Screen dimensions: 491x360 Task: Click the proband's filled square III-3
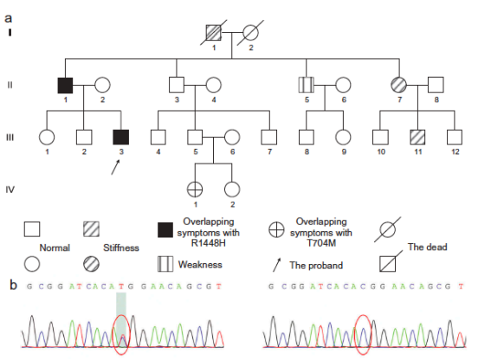pyautogui.click(x=121, y=137)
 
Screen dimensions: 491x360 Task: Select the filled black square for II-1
pyautogui.click(x=65, y=85)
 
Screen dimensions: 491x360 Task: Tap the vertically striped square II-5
pyautogui.click(x=307, y=85)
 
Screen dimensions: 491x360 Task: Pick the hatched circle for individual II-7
pyautogui.click(x=399, y=85)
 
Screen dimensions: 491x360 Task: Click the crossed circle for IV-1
pyautogui.click(x=195, y=190)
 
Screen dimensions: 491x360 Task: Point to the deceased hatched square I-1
pyautogui.click(x=214, y=33)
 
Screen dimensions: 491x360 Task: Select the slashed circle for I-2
pyautogui.click(x=250, y=33)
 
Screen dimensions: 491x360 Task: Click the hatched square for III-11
pyautogui.click(x=417, y=137)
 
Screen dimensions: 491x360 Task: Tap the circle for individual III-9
pyautogui.click(x=343, y=137)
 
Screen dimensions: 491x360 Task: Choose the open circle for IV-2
pyautogui.click(x=232, y=190)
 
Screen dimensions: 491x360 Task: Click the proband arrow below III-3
pyautogui.click(x=115, y=167)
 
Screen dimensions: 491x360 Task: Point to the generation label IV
pyautogui.click(x=10, y=190)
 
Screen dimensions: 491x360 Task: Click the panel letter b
pyautogui.click(x=13, y=285)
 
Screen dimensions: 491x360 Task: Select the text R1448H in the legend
pyautogui.click(x=208, y=243)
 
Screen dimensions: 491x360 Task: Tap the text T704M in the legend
pyautogui.click(x=321, y=243)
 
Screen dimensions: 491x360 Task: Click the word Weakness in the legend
pyautogui.click(x=200, y=265)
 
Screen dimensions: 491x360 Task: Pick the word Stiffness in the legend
pyautogui.click(x=121, y=247)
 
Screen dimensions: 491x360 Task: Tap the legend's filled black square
pyautogui.click(x=165, y=230)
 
